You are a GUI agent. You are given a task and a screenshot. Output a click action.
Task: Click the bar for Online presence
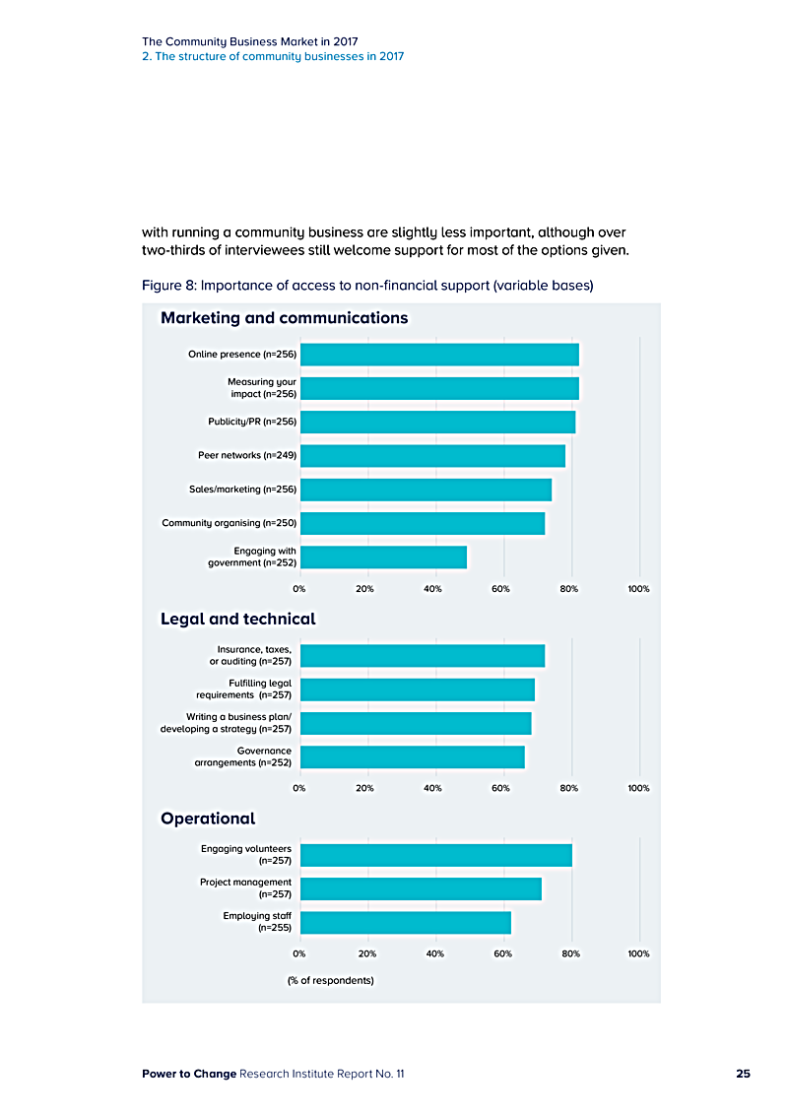[438, 355]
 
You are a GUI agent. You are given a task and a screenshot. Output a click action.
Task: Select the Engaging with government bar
[382, 557]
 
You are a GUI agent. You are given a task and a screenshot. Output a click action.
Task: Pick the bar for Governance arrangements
[412, 756]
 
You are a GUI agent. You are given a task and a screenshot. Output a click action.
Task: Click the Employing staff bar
[405, 922]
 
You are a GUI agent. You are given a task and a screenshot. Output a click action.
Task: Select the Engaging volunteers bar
[435, 855]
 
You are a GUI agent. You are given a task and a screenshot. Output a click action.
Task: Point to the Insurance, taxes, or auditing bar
[422, 655]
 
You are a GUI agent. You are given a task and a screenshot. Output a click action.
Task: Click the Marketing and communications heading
[284, 318]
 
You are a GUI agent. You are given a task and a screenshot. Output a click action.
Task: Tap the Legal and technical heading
[237, 620]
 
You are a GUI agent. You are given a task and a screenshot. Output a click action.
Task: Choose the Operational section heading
[208, 819]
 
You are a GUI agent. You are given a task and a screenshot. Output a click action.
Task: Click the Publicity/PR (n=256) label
[252, 422]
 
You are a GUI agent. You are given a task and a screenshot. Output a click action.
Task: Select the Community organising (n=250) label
[230, 522]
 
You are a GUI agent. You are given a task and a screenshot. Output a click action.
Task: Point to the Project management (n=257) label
[246, 888]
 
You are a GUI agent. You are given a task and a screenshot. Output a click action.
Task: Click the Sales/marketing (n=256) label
[242, 489]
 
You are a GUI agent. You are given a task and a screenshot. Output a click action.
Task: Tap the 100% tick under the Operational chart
[638, 953]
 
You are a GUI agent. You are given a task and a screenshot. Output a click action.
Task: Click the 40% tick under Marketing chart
[432, 589]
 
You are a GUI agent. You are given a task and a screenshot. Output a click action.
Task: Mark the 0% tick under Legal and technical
[297, 788]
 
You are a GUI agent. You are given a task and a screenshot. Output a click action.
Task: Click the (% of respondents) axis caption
[330, 981]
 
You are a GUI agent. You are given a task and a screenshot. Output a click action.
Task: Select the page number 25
[743, 1074]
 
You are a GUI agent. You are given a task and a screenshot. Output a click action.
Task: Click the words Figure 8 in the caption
[168, 287]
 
